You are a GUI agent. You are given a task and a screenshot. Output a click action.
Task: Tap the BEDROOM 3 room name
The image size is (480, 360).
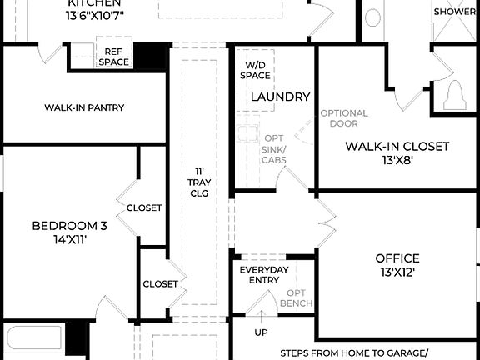coord(70,226)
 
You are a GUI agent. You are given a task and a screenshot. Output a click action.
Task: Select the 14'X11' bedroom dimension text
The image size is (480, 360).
coord(70,239)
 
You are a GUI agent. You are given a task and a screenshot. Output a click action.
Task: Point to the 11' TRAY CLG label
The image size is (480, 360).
coord(199,182)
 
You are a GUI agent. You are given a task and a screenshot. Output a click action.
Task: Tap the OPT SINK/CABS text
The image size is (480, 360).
coord(274,149)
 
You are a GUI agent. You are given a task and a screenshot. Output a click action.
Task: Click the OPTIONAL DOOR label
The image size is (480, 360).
coord(344,118)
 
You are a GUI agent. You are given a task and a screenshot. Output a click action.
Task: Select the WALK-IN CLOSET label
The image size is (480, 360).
coord(397,147)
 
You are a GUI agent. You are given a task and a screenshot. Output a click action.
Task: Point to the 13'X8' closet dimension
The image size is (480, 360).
coord(397,160)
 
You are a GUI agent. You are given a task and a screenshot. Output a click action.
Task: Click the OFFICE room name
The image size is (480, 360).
coord(397,258)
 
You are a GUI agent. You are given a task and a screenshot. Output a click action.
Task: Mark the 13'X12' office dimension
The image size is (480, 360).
coord(397,272)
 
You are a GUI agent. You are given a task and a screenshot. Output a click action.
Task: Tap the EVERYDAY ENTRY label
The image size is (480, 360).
coord(264,275)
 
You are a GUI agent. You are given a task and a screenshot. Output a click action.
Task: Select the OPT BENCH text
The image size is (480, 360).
coord(296,297)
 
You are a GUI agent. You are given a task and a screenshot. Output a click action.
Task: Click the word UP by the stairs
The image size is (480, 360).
coord(261,332)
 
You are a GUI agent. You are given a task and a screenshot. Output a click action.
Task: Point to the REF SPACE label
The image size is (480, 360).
coord(113,57)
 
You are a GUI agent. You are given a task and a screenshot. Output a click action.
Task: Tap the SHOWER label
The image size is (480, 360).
coord(455,12)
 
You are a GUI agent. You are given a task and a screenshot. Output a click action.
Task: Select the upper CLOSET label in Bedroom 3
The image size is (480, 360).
coord(143,208)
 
